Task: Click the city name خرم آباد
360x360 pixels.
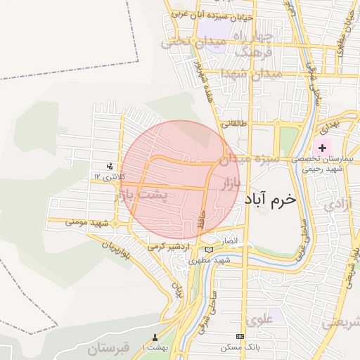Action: pyautogui.click(x=271, y=200)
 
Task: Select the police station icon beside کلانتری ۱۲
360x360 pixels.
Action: pyautogui.click(x=109, y=167)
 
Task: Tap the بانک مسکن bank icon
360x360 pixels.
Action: pyautogui.click(x=240, y=337)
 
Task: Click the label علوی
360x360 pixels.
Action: pyautogui.click(x=259, y=319)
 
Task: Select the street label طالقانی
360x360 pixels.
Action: pyautogui.click(x=235, y=123)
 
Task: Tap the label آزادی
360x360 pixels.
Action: pyautogui.click(x=335, y=205)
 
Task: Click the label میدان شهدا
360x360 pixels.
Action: pyautogui.click(x=250, y=74)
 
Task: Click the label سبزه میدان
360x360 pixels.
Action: pyautogui.click(x=248, y=160)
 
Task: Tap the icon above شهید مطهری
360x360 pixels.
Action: pyautogui.click(x=207, y=250)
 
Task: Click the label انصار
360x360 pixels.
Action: pyautogui.click(x=231, y=241)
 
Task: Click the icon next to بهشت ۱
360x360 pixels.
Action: pyautogui.click(x=155, y=337)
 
